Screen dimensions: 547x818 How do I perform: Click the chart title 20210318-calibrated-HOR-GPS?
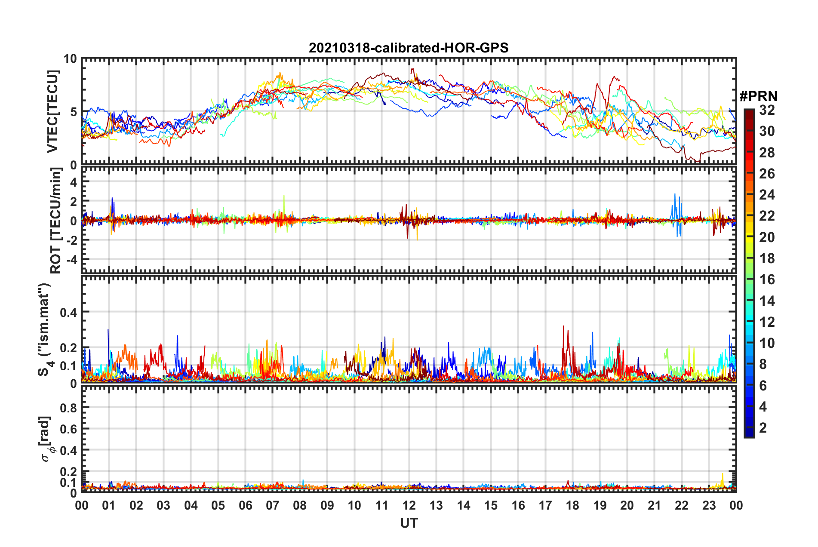click(409, 48)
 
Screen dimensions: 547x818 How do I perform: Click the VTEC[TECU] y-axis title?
click(52, 112)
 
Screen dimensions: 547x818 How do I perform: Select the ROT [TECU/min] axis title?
click(56, 221)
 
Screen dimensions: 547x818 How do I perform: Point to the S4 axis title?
click(45, 329)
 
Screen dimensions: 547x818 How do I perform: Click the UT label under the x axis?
click(409, 523)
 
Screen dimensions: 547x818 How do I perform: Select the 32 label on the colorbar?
click(767, 110)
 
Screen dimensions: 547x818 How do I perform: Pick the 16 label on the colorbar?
click(767, 280)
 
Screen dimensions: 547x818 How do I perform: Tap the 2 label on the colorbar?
click(763, 428)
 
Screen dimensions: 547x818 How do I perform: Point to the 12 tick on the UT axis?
click(409, 505)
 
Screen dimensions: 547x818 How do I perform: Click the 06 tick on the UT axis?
click(246, 505)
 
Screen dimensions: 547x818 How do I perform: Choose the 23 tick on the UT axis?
click(709, 505)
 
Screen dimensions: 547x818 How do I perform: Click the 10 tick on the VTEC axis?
click(70, 59)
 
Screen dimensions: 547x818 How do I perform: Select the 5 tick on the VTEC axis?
click(73, 112)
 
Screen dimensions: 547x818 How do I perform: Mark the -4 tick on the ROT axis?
click(70, 260)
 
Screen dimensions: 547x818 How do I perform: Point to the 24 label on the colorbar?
click(767, 195)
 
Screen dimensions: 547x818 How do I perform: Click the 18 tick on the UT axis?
click(572, 505)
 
